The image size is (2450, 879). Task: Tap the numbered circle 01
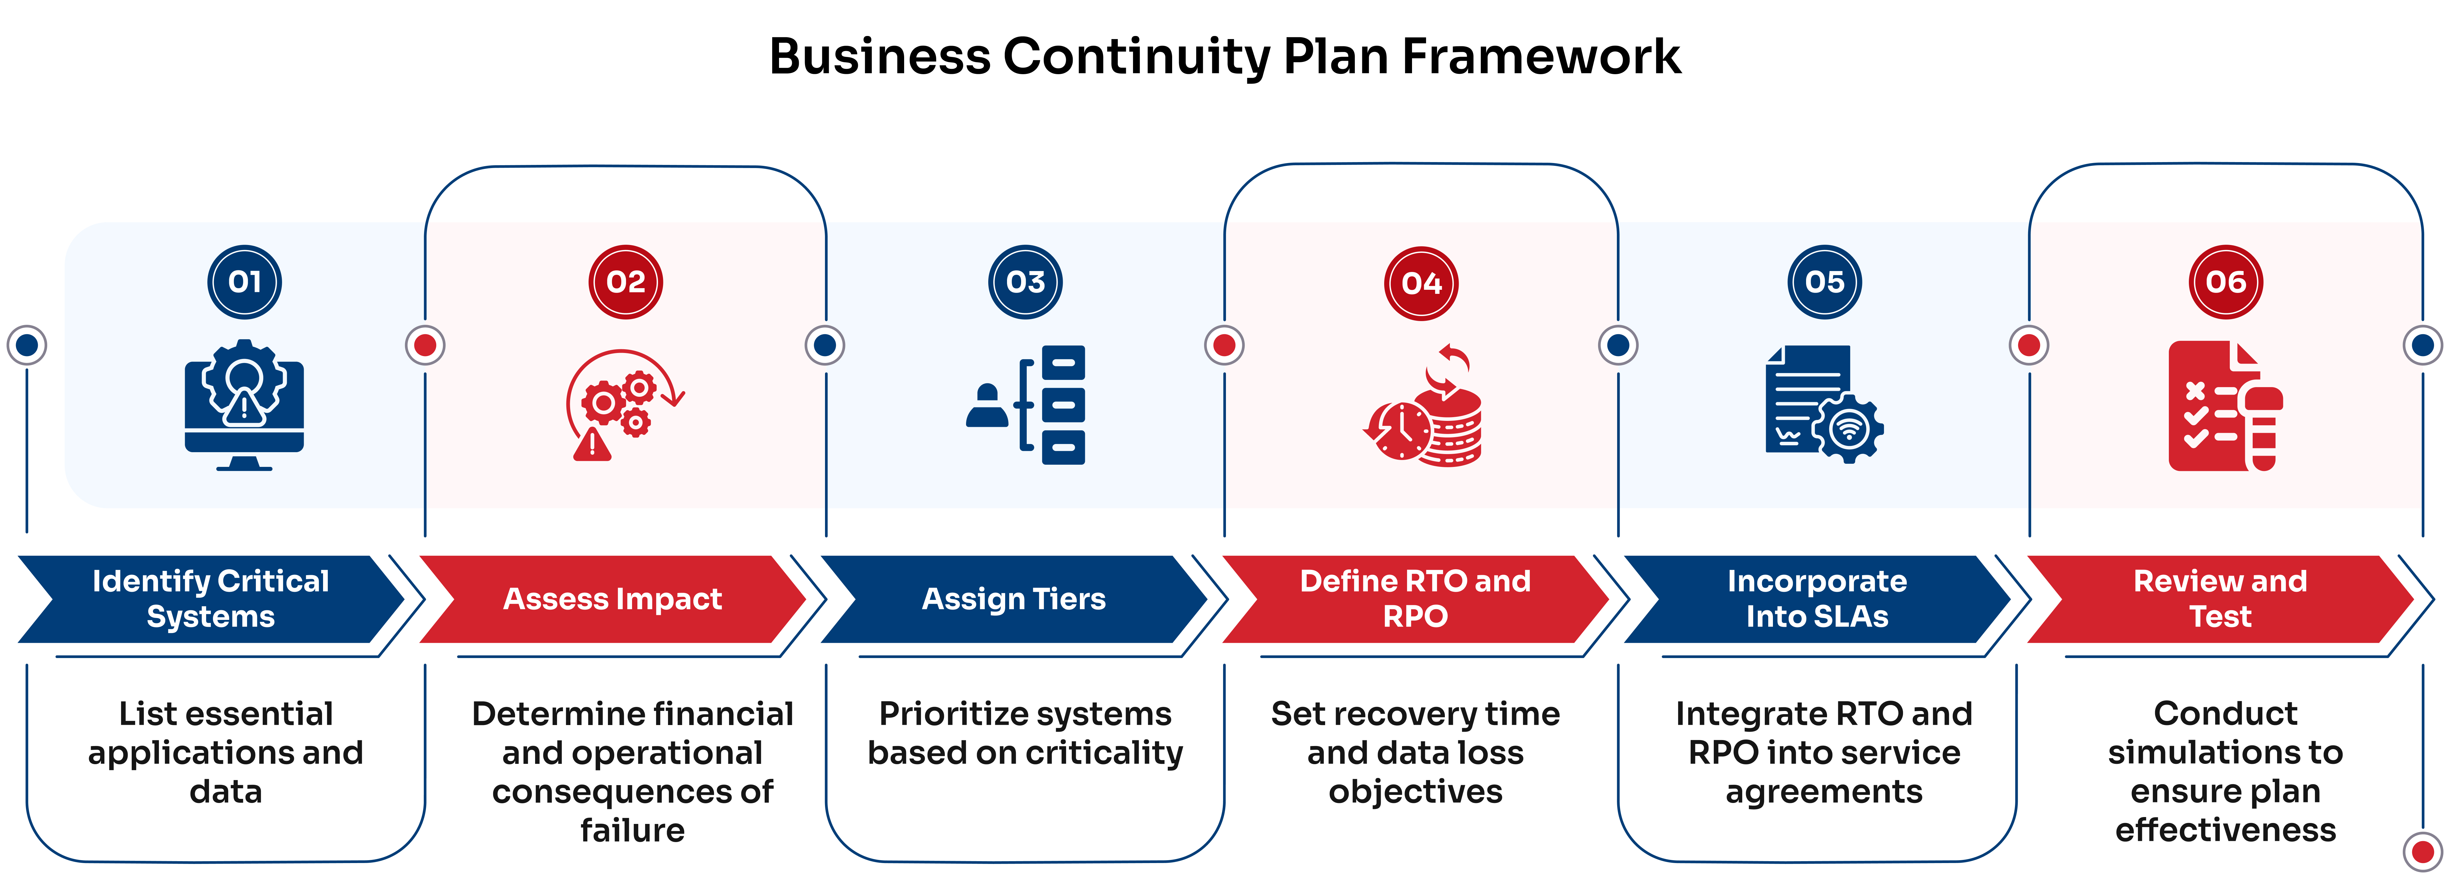click(245, 282)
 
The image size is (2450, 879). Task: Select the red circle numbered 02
click(626, 282)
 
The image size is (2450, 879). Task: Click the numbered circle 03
click(1025, 282)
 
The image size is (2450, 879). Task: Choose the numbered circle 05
click(1824, 282)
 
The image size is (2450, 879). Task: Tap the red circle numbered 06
click(2225, 282)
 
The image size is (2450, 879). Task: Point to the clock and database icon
click(1422, 404)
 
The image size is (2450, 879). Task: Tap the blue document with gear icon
click(1824, 404)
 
